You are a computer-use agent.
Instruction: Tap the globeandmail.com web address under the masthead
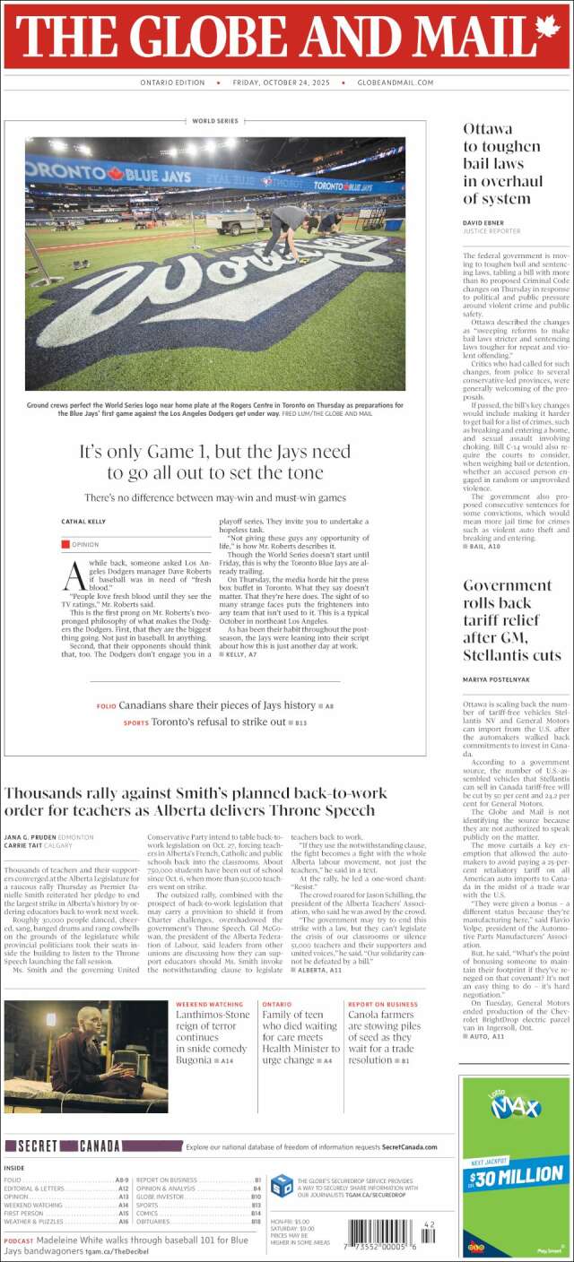click(395, 82)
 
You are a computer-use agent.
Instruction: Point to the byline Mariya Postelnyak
click(497, 679)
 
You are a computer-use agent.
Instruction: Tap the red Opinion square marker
click(65, 544)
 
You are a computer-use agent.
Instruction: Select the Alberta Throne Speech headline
click(196, 801)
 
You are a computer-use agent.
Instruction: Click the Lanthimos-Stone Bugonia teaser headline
click(213, 1035)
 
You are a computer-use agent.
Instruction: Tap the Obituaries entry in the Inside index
click(156, 1222)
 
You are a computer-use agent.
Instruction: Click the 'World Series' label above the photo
click(214, 121)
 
